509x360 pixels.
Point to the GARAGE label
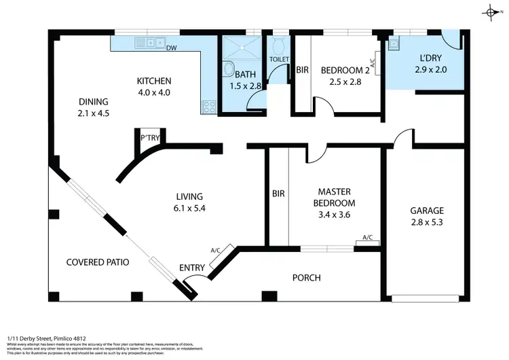426,211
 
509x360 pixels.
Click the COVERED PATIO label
98,262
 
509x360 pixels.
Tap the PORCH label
306,277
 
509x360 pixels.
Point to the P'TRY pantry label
149,138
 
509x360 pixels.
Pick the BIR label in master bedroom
278,194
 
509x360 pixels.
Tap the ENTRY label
191,268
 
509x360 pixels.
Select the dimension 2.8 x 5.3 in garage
426,221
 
